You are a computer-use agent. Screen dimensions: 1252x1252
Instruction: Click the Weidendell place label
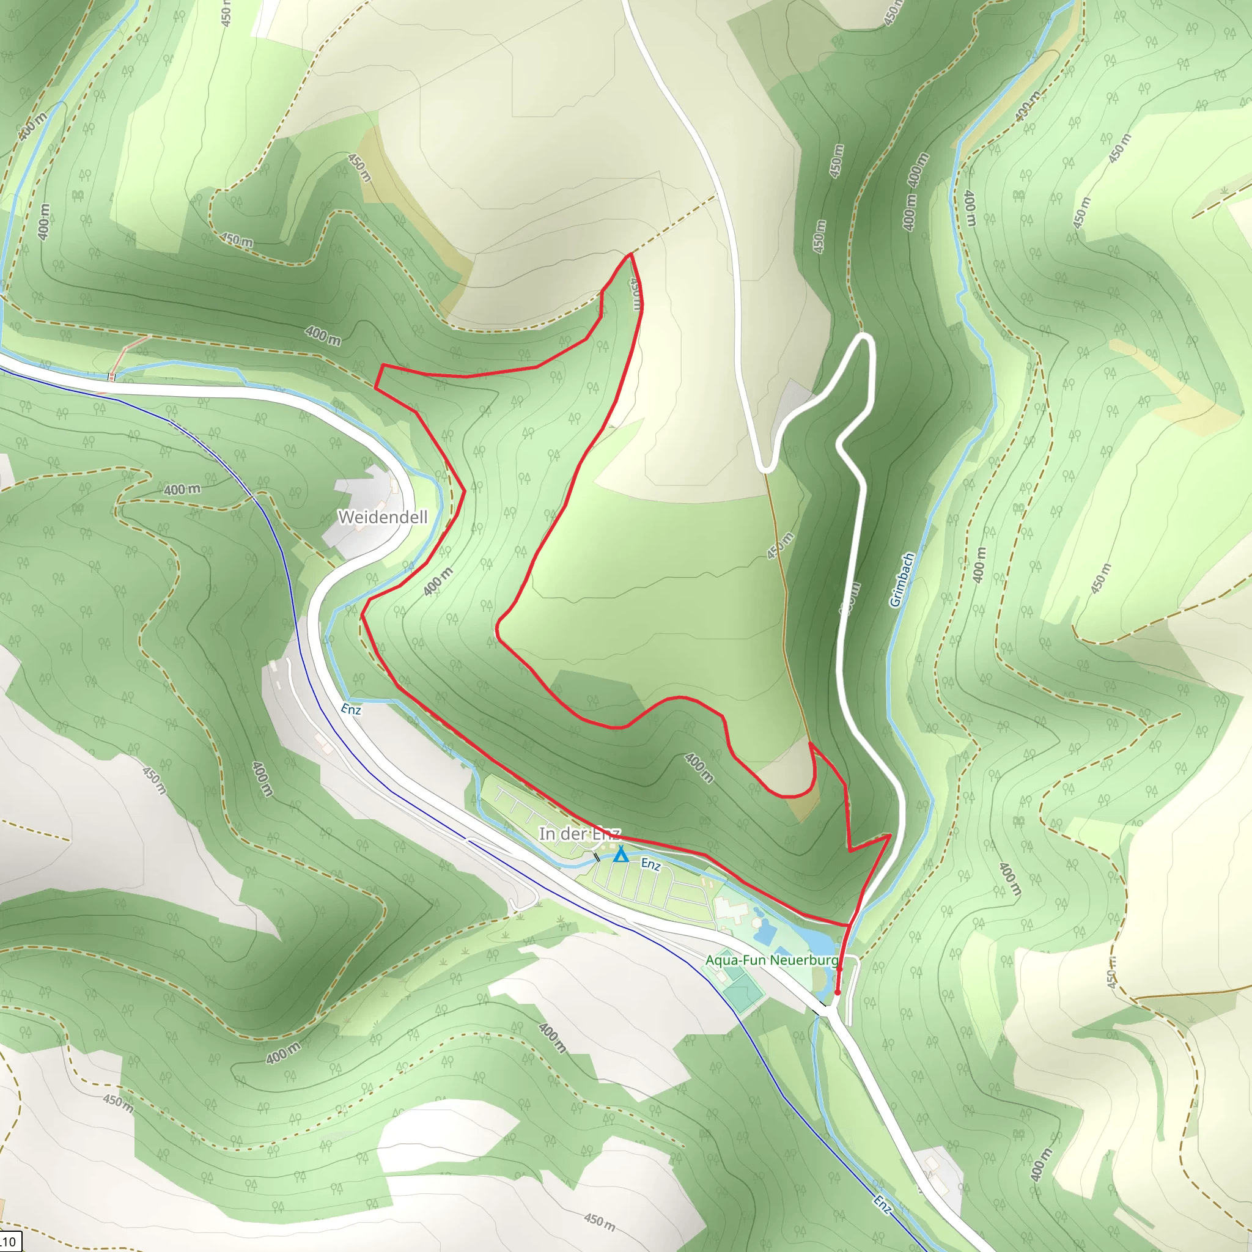382,517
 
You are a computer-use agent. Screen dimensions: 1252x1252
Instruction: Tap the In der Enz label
580,833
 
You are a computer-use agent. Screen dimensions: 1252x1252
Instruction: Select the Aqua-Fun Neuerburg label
771,960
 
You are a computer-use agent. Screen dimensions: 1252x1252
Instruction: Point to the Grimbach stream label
902,580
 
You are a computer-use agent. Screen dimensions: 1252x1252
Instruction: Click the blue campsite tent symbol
621,855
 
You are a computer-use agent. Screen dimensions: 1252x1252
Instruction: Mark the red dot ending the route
838,992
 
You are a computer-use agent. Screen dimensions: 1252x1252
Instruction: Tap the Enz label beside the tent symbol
650,864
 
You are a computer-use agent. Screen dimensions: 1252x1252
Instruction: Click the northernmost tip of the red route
629,255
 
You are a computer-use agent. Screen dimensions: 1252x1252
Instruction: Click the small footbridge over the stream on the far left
111,376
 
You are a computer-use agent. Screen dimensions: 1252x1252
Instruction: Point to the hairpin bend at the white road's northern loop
865,336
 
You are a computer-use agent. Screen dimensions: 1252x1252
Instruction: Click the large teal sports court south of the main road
743,992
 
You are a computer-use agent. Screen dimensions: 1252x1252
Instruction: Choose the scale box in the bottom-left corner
9,1242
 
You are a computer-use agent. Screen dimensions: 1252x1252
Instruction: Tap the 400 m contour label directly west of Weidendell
182,489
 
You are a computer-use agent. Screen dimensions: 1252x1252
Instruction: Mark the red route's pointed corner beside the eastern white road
889,835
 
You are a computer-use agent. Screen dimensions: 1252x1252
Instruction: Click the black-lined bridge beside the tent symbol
597,857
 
